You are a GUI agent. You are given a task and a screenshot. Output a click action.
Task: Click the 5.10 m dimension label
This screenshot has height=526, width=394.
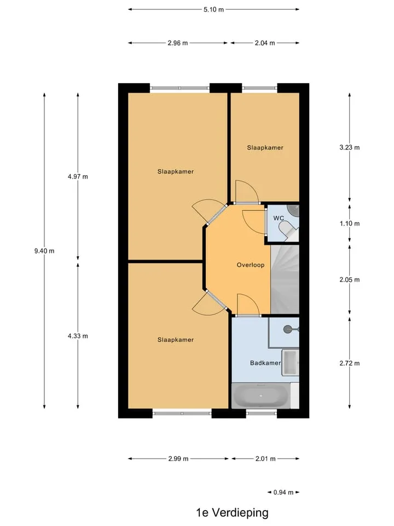point(213,9)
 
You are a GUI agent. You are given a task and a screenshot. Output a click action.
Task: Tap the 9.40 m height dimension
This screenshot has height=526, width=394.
point(44,250)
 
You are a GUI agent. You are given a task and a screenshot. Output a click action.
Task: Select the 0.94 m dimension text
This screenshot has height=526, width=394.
point(283,492)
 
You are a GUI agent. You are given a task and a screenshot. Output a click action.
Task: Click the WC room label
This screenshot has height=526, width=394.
point(279,218)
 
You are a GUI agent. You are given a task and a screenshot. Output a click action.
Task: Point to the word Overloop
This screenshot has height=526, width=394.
point(251,265)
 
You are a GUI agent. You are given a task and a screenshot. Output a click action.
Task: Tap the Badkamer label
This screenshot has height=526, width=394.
point(265,363)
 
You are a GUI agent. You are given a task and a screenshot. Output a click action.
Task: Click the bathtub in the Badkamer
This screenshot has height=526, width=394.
point(261,396)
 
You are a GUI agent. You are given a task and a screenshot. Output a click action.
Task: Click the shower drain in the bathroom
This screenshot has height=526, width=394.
point(288,329)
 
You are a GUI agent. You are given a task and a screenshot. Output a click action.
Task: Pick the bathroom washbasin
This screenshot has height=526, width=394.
point(290,362)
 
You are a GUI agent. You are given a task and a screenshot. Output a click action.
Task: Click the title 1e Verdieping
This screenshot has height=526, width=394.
point(232,512)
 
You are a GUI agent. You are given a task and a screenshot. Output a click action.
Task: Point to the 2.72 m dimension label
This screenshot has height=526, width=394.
point(350,363)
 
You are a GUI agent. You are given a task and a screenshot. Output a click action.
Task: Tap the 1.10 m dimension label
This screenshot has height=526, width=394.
point(350,224)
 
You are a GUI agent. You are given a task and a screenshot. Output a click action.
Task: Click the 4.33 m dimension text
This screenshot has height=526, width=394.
point(78,336)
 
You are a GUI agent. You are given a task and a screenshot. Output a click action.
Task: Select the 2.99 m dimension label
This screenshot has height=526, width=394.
point(178,459)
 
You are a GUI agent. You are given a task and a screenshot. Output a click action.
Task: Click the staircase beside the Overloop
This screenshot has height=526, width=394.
point(285,279)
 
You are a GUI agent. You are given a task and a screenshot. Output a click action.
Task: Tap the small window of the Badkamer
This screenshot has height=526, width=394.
point(262,413)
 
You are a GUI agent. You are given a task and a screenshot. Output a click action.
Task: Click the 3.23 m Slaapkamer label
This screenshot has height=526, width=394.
point(265,147)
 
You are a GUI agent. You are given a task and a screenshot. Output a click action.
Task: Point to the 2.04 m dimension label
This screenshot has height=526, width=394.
point(265,43)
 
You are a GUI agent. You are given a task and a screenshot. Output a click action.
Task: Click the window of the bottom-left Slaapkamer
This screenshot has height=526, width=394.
point(182,413)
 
